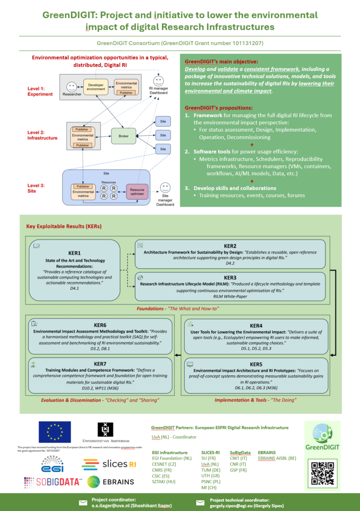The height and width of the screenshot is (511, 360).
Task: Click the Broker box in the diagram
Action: (123, 135)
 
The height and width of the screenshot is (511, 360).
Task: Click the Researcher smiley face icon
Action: (71, 85)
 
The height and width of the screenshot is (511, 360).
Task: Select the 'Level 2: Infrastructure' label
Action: (42, 135)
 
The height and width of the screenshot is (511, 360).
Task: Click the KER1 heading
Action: (74, 253)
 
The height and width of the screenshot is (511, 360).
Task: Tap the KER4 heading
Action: (256, 326)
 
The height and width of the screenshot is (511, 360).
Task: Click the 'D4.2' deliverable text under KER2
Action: (230, 263)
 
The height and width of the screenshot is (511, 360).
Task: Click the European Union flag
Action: (54, 432)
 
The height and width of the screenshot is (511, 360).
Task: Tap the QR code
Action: (322, 473)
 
